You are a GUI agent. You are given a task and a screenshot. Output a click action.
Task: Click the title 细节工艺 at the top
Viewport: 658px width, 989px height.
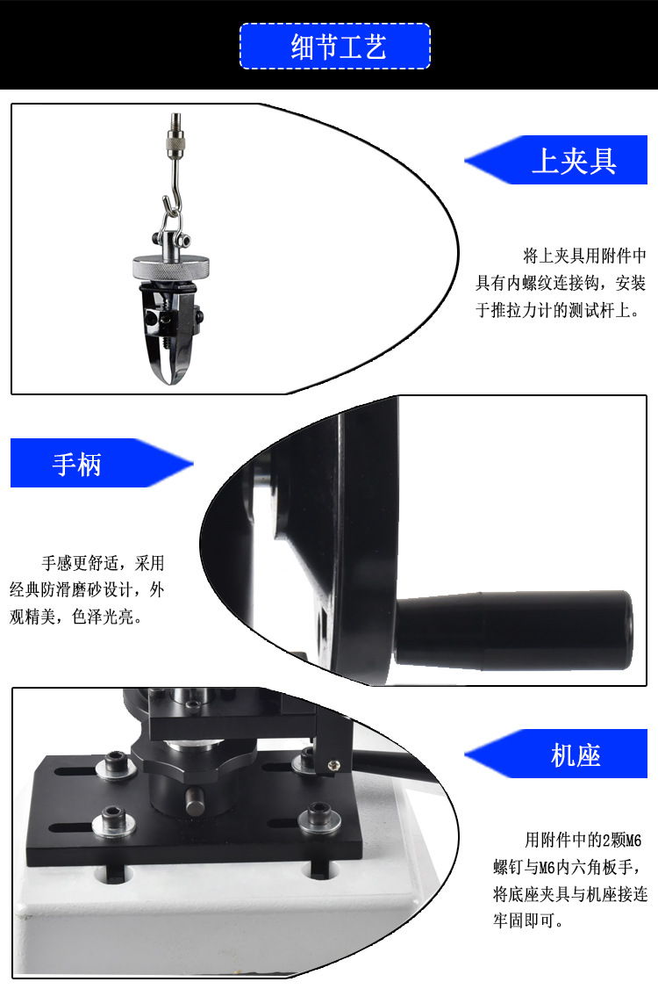(x=339, y=47)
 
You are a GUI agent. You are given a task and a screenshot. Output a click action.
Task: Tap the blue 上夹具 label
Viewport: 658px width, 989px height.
(x=574, y=160)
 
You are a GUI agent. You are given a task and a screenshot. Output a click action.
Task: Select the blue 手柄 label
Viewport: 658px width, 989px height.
(x=76, y=464)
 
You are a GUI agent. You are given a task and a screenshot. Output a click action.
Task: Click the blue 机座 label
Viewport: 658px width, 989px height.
(x=576, y=754)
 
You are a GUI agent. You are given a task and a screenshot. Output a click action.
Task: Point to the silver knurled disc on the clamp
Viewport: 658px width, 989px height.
(x=171, y=267)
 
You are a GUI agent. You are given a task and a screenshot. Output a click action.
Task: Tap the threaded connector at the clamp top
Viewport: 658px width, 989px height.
(x=175, y=136)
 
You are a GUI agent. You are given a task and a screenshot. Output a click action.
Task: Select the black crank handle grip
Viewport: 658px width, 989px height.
(x=513, y=628)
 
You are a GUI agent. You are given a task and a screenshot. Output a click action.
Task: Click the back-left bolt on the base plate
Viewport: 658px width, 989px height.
(x=115, y=764)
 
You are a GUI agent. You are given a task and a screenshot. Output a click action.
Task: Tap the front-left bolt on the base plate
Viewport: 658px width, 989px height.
(x=113, y=822)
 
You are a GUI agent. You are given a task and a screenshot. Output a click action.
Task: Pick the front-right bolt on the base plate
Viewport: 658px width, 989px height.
(x=319, y=818)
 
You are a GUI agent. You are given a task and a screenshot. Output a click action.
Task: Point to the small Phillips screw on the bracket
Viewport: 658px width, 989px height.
(x=333, y=766)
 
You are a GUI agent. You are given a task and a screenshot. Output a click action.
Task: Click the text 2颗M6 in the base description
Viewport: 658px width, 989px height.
(x=622, y=841)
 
